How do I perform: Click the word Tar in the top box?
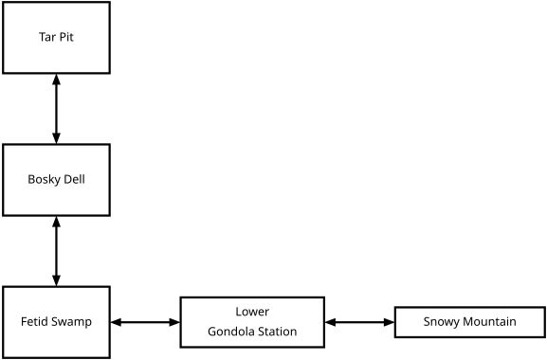46,38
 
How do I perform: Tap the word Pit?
66,38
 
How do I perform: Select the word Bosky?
44,180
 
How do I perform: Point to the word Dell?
74,180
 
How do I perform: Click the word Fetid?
36,322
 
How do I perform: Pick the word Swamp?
72,322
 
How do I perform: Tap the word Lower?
252,312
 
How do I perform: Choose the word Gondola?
230,332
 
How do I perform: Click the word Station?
276,332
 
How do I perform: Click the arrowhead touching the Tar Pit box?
57,80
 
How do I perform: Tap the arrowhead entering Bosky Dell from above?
57,138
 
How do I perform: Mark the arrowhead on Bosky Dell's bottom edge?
57,222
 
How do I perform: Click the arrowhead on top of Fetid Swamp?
57,280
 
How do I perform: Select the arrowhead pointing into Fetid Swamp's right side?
116,322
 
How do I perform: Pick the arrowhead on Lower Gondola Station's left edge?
174,322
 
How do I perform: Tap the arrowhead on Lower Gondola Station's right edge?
330,322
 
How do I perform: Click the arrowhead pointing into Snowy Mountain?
389,322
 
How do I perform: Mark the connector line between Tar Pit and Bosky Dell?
57,109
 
